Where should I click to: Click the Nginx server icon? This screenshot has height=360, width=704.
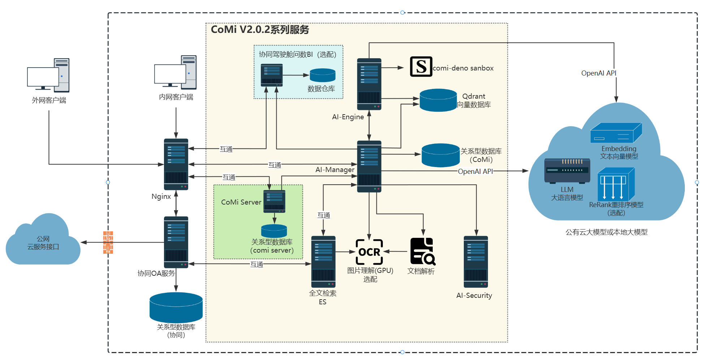pyautogui.click(x=176, y=164)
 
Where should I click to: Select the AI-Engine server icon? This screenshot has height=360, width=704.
pyautogui.click(x=369, y=84)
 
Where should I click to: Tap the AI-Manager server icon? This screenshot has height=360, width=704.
pyautogui.click(x=369, y=166)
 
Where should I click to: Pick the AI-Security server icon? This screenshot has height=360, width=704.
pyautogui.click(x=476, y=262)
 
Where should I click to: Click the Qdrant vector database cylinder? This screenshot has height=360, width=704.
pyautogui.click(x=438, y=100)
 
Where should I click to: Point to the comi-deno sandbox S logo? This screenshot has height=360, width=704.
pyautogui.click(x=421, y=67)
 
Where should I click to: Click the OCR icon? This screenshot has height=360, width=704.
pyautogui.click(x=369, y=252)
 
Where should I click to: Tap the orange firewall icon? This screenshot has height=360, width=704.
pyautogui.click(x=108, y=242)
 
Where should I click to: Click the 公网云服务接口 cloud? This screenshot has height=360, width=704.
pyautogui.click(x=43, y=241)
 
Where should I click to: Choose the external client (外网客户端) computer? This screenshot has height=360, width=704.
pyautogui.click(x=48, y=75)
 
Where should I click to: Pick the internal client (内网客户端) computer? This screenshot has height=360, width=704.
pyautogui.click(x=176, y=72)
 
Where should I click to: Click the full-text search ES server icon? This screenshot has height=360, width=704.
pyautogui.click(x=323, y=262)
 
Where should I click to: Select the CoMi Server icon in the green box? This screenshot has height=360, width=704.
pyautogui.click(x=274, y=201)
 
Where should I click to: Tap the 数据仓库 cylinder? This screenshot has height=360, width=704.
pyautogui.click(x=323, y=75)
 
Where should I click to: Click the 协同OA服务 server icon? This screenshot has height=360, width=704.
pyautogui.click(x=176, y=242)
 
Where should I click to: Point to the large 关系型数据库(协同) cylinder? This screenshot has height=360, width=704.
pyautogui.click(x=176, y=307)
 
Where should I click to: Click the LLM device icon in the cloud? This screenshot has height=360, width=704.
pyautogui.click(x=567, y=170)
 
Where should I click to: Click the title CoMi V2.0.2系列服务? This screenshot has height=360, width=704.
pyautogui.click(x=260, y=30)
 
